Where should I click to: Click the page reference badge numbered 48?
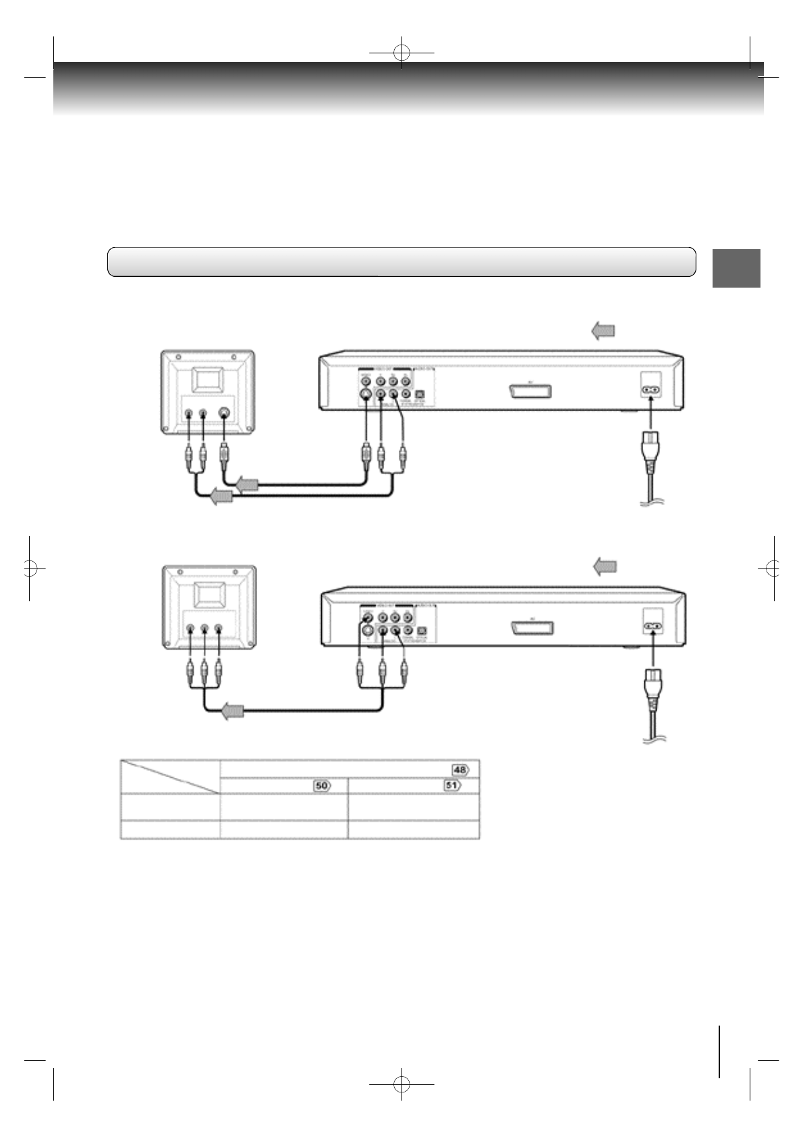point(460,770)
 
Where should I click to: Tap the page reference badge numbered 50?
point(321,786)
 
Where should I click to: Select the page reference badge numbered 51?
point(452,786)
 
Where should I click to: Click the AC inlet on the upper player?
point(650,390)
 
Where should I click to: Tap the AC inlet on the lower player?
point(652,626)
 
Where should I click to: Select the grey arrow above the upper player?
point(603,331)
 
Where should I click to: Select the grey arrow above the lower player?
point(605,567)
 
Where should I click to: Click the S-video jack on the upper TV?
point(224,415)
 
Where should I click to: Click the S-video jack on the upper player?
point(365,394)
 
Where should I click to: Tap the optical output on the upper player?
point(419,394)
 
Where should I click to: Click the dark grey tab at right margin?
point(736,268)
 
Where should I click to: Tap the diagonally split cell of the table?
point(170,776)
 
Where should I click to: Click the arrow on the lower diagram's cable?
point(233,711)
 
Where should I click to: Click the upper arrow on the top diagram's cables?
point(248,484)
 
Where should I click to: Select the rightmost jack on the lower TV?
point(218,629)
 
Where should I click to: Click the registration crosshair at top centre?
point(401,52)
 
